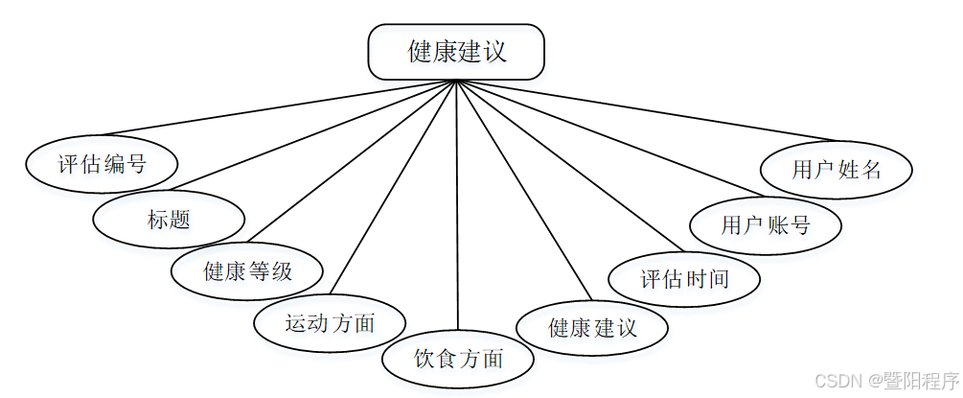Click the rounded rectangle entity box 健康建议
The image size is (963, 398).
[456, 52]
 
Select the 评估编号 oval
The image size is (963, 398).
[102, 163]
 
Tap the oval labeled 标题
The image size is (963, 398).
[169, 219]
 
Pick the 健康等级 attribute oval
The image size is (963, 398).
[247, 271]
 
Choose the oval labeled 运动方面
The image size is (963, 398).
[330, 323]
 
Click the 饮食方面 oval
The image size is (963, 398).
[458, 360]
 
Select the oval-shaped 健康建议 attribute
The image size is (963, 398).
[592, 328]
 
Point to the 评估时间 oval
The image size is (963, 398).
[684, 279]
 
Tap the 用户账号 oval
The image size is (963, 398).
[766, 225]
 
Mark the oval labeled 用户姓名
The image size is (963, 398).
[836, 171]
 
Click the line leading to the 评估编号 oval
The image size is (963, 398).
[278, 107]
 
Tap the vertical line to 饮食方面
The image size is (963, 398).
[457, 211]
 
